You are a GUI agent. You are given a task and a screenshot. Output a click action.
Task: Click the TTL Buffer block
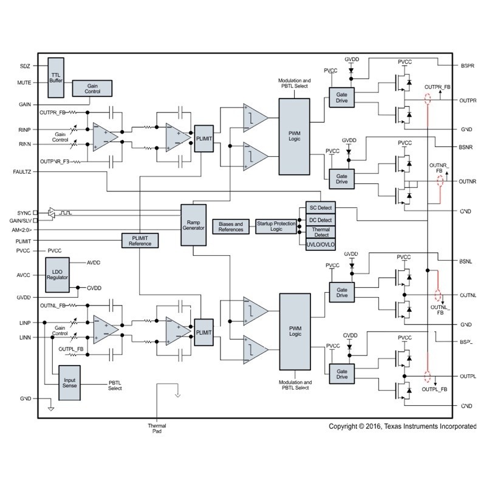56,77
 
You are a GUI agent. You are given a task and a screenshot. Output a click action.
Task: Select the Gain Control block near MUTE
93,88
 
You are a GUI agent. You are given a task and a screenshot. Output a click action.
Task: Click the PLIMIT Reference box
140,241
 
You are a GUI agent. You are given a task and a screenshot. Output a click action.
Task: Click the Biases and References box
230,227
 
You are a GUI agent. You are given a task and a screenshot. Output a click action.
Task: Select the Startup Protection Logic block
276,227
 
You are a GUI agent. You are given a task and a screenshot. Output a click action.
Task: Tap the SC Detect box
320,208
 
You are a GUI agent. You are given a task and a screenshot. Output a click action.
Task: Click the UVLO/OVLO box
320,243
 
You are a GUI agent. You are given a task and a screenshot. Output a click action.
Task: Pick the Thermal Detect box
320,231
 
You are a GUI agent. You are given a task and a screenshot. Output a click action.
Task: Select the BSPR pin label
467,65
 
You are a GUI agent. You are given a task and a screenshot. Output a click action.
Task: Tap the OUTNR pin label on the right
468,181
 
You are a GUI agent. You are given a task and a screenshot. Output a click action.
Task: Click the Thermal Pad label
157,428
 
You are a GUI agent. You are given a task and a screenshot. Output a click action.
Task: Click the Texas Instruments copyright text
402,426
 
